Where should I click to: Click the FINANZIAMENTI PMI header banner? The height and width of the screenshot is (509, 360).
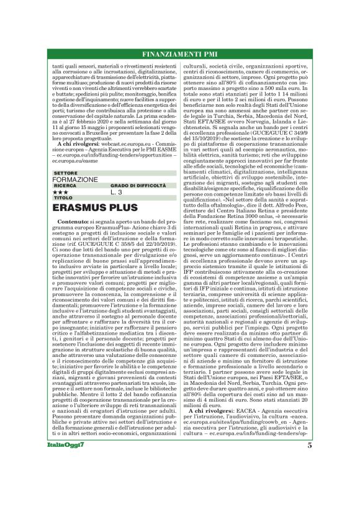pos(179,54)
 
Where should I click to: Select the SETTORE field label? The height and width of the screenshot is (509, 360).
pos(65,172)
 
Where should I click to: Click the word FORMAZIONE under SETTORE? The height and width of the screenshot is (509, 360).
pos(75,179)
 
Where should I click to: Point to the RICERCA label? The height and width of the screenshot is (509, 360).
pos(65,185)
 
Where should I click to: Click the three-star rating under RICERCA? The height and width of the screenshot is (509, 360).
pos(60,192)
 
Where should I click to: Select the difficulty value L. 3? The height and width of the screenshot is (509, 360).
pos(117,192)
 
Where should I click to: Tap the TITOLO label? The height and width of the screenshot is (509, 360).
pos(63,197)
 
